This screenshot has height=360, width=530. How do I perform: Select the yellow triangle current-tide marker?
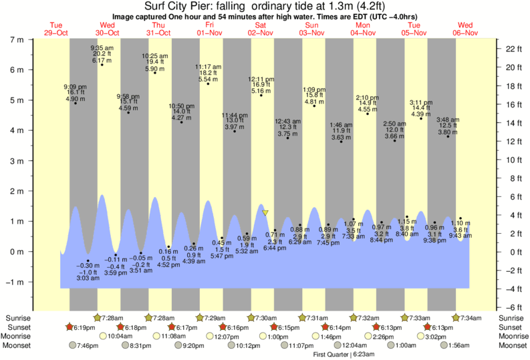(265, 213)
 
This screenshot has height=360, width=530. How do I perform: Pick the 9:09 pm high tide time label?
(75, 86)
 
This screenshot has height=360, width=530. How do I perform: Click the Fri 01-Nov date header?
(209, 29)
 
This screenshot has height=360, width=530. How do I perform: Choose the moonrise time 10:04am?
(121, 337)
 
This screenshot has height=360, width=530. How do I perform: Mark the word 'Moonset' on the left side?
(17, 346)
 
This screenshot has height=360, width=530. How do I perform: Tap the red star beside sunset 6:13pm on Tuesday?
(428, 327)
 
